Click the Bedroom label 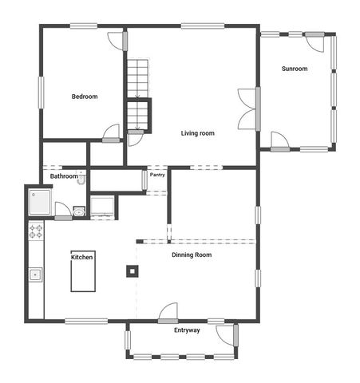pyautogui.click(x=85, y=97)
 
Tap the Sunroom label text pyautogui.click(x=294, y=69)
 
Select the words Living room pyautogui.click(x=197, y=132)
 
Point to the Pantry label pyautogui.click(x=157, y=174)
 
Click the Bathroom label pyautogui.click(x=64, y=176)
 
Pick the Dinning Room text pyautogui.click(x=192, y=255)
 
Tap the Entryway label pyautogui.click(x=187, y=330)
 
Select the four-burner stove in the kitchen pyautogui.click(x=36, y=231)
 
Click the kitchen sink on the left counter pyautogui.click(x=35, y=275)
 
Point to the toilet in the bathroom pyautogui.click(x=81, y=180)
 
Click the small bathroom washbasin pyautogui.click(x=79, y=211)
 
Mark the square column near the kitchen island pyautogui.click(x=131, y=270)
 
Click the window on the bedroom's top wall pyautogui.click(x=83, y=26)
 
